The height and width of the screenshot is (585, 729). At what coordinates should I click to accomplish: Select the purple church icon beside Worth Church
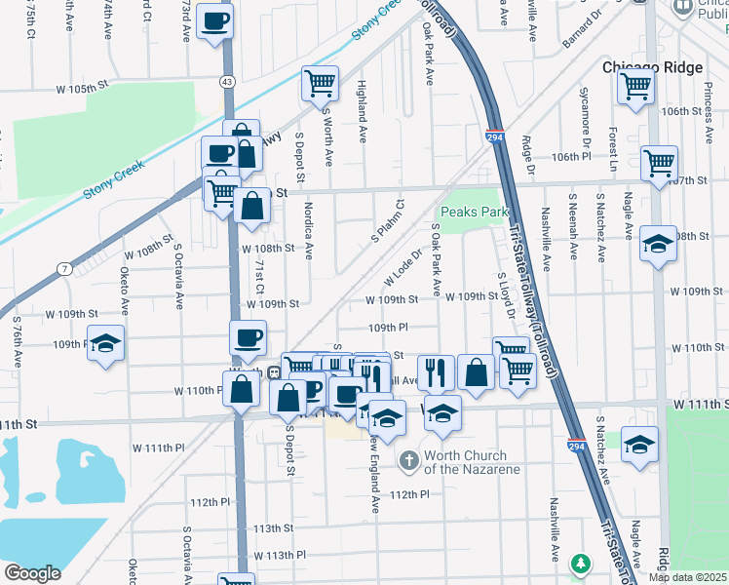click(408, 459)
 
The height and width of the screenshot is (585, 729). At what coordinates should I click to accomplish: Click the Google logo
click(32, 573)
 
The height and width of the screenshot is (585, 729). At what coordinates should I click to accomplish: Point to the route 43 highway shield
click(227, 85)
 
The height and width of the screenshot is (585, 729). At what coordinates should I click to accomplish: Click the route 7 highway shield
click(63, 268)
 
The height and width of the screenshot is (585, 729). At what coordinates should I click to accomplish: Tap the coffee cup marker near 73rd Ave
click(214, 19)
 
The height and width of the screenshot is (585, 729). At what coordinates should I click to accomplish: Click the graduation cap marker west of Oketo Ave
click(106, 343)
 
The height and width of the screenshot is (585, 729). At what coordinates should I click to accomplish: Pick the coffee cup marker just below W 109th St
click(248, 337)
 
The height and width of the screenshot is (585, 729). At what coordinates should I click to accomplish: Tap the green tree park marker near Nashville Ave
click(581, 564)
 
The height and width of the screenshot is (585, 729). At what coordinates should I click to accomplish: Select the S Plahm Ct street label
click(387, 223)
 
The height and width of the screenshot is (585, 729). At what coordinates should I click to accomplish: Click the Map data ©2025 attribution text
click(687, 577)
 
